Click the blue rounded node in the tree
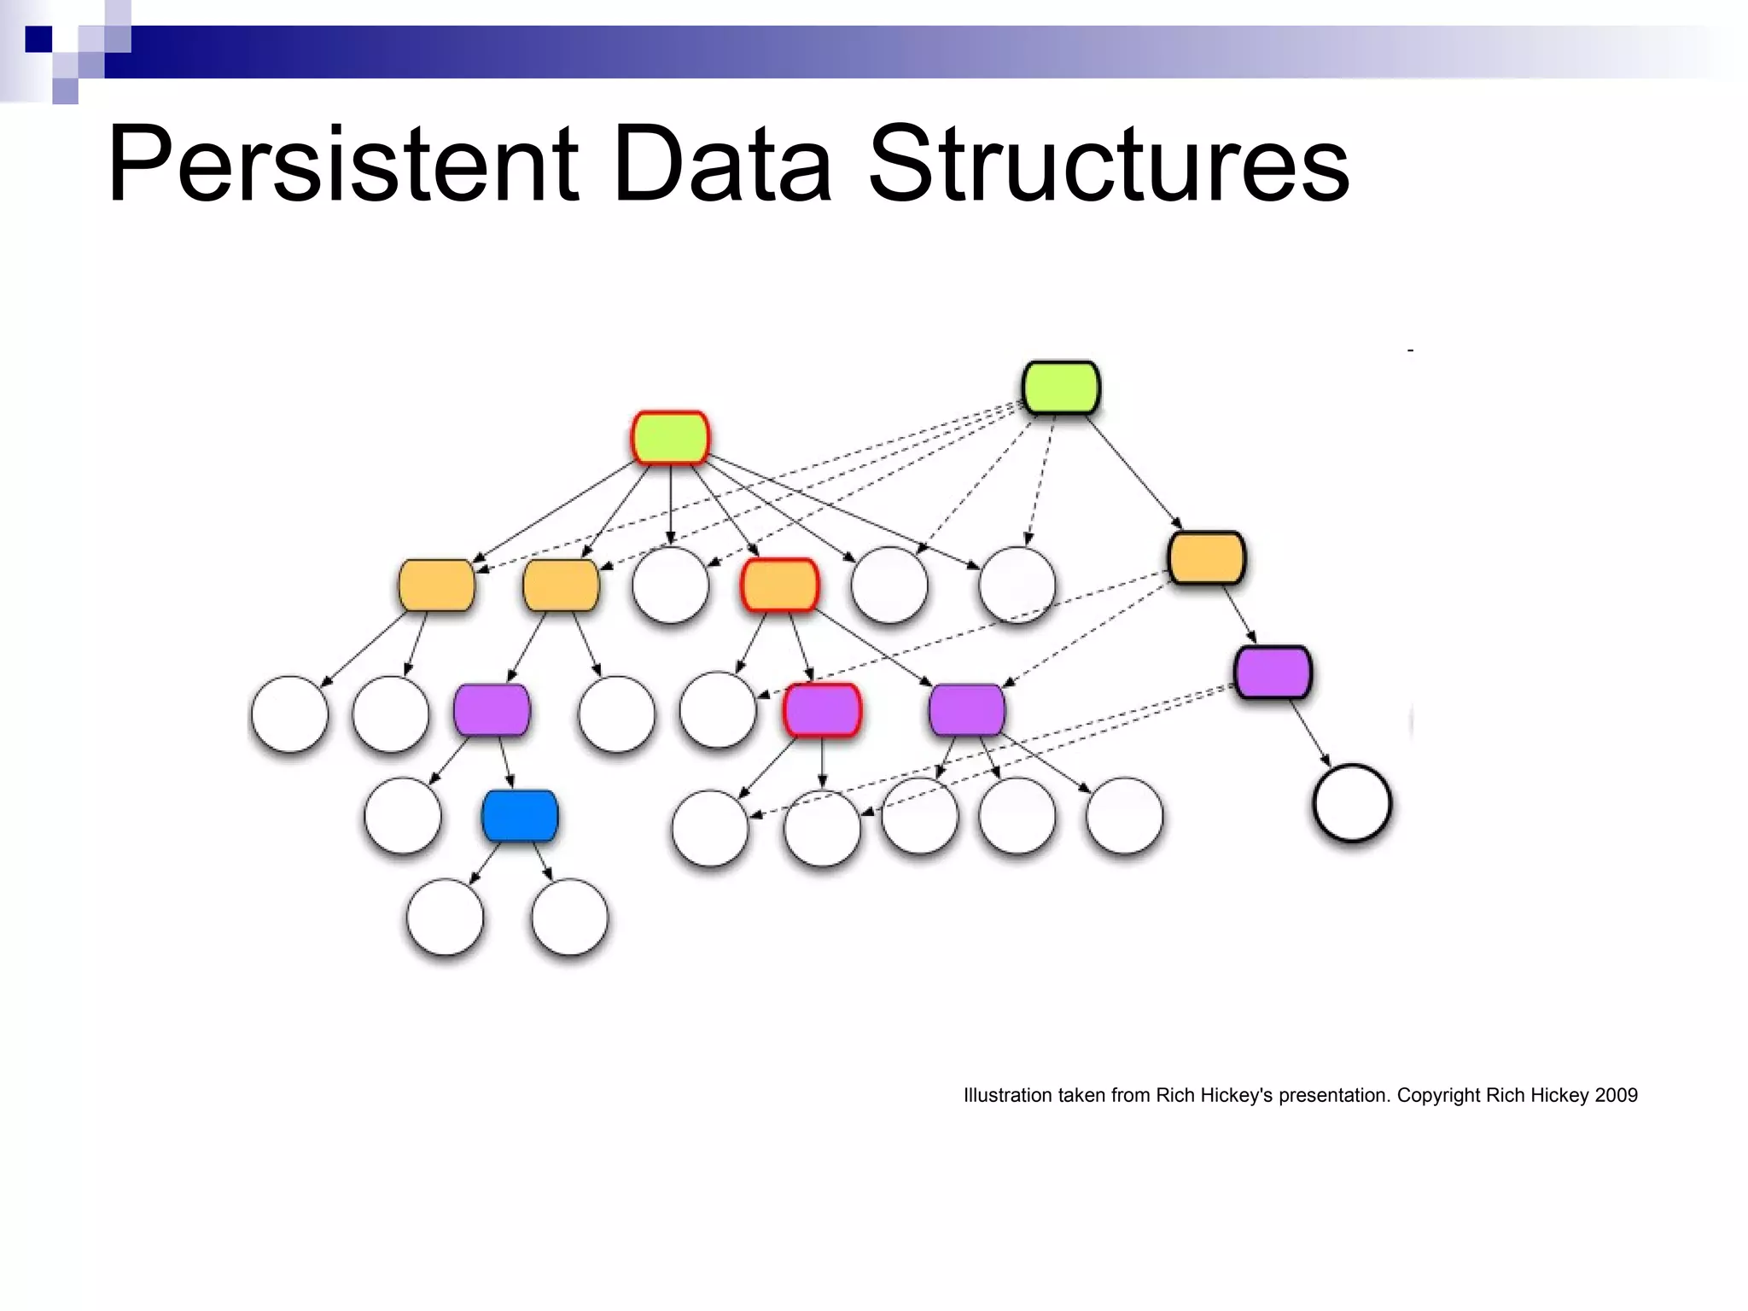520,816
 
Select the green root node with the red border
670,438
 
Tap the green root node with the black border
1061,387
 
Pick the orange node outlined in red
779,585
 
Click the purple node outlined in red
822,710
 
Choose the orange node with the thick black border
1206,558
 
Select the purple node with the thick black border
1273,673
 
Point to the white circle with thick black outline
1352,803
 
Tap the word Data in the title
722,164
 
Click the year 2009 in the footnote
1616,1095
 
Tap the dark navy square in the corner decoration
38,39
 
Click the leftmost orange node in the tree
436,586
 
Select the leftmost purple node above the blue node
492,710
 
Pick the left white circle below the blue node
445,918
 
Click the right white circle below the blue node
569,918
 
